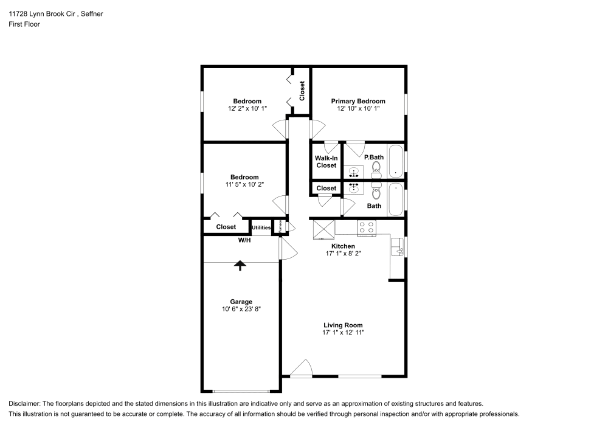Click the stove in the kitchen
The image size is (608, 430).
(x=367, y=227)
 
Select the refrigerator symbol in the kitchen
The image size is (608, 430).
(x=323, y=231)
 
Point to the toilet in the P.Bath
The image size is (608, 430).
(x=376, y=167)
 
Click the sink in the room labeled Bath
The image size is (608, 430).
(x=353, y=189)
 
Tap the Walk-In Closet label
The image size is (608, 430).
(x=326, y=161)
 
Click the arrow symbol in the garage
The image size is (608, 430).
(x=240, y=265)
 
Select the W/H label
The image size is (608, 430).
(x=244, y=240)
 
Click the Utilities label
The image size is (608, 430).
(x=261, y=227)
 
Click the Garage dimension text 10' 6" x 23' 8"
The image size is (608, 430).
(x=241, y=310)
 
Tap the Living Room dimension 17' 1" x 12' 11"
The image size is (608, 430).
(x=343, y=333)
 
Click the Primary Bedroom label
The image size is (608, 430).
(x=358, y=101)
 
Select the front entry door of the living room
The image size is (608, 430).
(x=302, y=369)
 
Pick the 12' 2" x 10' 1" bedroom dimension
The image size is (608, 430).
(x=247, y=108)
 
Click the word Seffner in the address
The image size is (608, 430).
(x=91, y=13)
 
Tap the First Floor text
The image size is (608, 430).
(x=24, y=24)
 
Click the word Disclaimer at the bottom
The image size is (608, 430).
(x=24, y=403)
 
